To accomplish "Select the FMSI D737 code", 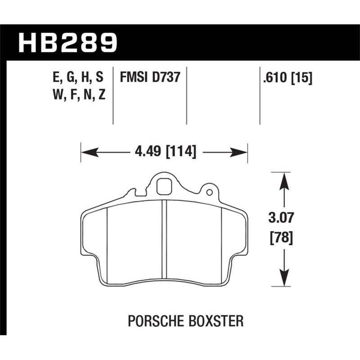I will [150, 77].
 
